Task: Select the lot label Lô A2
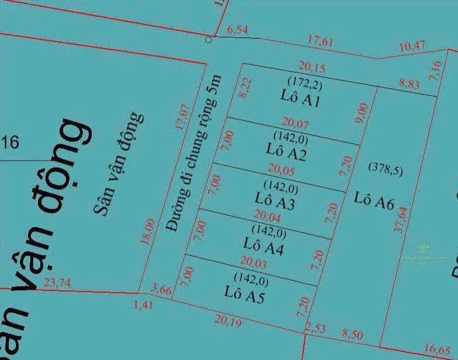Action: pos(286,150)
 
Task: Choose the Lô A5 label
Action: pos(245,289)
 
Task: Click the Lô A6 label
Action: pos(374,201)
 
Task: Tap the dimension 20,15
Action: pos(311,65)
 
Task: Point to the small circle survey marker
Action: pos(209,40)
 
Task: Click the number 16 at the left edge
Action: pos(11,142)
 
